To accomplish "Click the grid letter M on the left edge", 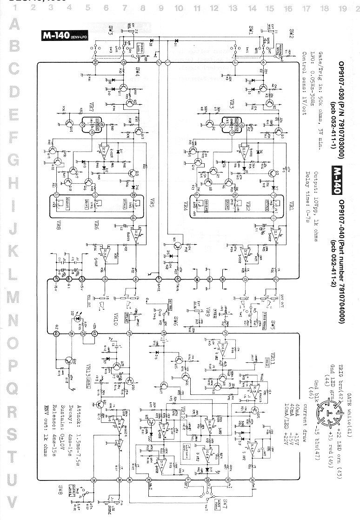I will click(13, 297).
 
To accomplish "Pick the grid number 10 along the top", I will click(179, 8).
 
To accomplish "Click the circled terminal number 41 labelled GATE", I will click(160, 279).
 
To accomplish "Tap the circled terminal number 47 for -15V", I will click(56, 279).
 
